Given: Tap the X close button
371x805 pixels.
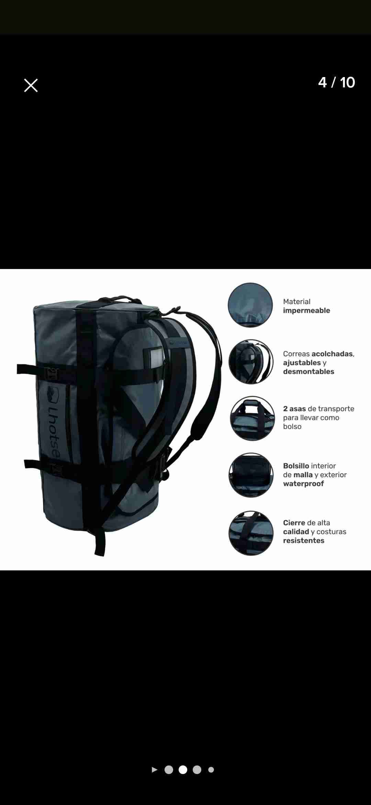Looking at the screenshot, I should pyautogui.click(x=31, y=85).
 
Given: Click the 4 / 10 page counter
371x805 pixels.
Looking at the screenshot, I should pyautogui.click(x=336, y=83).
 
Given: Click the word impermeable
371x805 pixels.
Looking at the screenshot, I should pyautogui.click(x=306, y=311).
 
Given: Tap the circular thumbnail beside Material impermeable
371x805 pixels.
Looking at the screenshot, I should pyautogui.click(x=250, y=305).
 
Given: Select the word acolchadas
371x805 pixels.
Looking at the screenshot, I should pyautogui.click(x=332, y=354).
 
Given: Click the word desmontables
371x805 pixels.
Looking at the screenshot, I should pyautogui.click(x=308, y=372).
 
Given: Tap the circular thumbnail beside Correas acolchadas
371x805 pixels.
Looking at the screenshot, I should pyautogui.click(x=251, y=362).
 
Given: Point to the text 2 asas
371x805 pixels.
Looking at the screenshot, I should pyautogui.click(x=294, y=409).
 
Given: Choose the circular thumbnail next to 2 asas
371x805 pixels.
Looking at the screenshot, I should pyautogui.click(x=252, y=418).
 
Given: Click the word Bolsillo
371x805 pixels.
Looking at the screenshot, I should pyautogui.click(x=296, y=466).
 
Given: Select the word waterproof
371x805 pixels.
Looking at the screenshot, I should pyautogui.click(x=303, y=484).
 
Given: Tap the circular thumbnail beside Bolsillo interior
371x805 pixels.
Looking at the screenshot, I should pyautogui.click(x=251, y=475).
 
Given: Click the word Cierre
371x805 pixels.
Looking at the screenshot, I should pyautogui.click(x=294, y=523).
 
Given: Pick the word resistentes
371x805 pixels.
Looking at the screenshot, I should pyautogui.click(x=304, y=541).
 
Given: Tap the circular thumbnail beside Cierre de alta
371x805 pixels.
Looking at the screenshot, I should pyautogui.click(x=251, y=533).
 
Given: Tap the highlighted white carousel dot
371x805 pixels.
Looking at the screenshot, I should pyautogui.click(x=183, y=770).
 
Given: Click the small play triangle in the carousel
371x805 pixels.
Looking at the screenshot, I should pyautogui.click(x=155, y=770).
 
